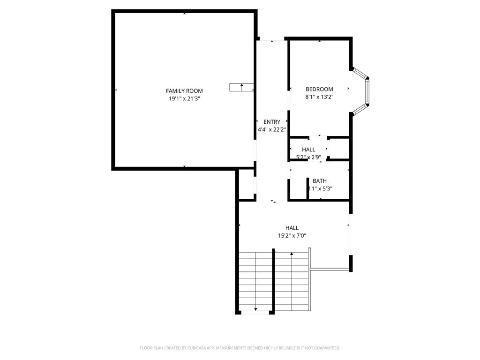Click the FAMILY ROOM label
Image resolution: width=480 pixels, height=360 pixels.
pos(184,91)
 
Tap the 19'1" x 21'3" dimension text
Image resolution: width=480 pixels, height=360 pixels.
pos(184,99)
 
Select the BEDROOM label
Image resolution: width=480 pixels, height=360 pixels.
pos(319,89)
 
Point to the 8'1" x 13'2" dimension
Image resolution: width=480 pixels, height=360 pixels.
pos(319,97)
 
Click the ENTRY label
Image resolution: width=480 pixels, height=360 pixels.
pos(272,122)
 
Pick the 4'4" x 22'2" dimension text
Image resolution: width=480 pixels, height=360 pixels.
pos(272,129)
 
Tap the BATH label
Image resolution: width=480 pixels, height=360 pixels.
pos(320,181)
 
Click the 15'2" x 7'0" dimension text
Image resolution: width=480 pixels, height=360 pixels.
pos(292,236)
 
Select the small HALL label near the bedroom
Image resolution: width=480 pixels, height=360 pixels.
pos(308,150)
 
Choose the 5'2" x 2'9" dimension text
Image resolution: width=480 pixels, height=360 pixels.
pos(308,157)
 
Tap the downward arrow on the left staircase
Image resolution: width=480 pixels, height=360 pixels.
pos(255,309)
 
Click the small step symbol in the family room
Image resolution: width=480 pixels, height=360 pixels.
pos(241,87)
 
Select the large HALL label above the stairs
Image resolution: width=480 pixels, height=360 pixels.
pos(292,228)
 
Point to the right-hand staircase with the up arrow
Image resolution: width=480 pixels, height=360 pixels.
pos(292,281)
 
